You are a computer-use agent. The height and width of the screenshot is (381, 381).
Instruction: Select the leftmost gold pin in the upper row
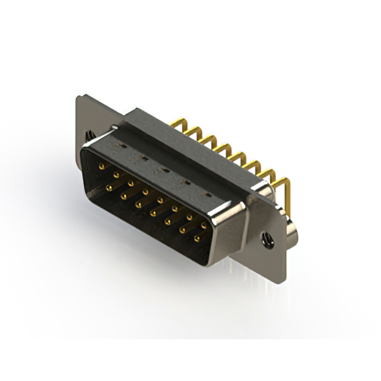point(102,167)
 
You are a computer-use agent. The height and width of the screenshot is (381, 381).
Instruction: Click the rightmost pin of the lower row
point(196,238)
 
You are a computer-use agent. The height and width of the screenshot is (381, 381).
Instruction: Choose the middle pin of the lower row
point(153,213)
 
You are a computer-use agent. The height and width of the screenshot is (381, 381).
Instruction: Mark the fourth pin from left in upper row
point(145,192)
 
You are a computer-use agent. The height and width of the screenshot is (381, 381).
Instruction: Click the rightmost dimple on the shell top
point(208,195)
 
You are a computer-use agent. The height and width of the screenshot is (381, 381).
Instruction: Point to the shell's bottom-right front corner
point(211,263)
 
